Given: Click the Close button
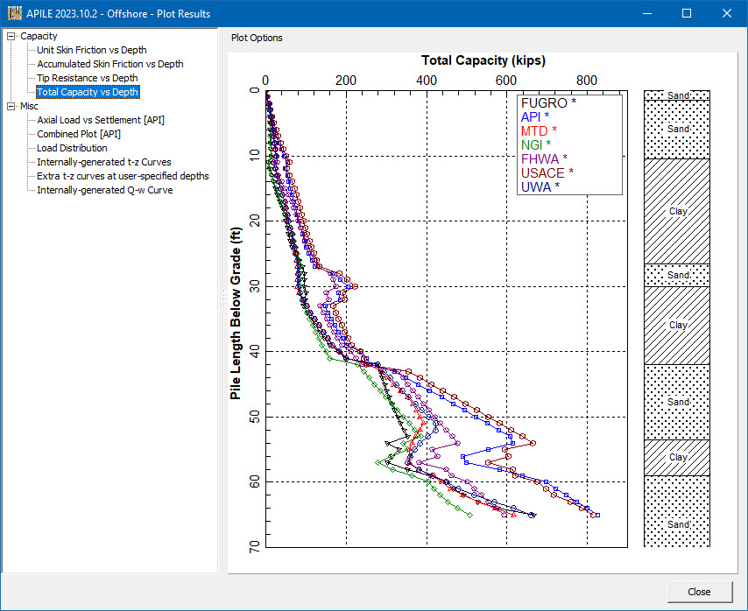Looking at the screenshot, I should point(699,592).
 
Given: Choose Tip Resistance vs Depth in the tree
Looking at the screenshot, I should point(87,78).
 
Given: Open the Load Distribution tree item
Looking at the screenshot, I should point(72,148).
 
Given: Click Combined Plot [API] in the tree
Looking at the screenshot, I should point(79,134).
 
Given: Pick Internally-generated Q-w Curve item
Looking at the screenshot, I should point(104,190).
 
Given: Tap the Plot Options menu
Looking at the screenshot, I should point(257,38).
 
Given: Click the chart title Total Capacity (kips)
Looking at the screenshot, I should point(483,60).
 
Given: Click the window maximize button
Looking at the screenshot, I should point(687,13).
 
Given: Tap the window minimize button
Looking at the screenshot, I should point(647,13).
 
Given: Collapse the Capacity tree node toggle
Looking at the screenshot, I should point(11,36).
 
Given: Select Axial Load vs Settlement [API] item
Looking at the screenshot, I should point(101,120).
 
